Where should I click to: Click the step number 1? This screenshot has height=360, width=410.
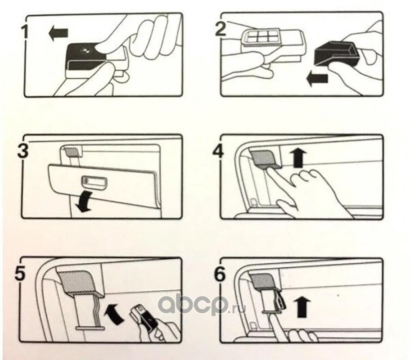[x=25, y=33]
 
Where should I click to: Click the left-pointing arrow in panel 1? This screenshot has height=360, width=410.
[x=59, y=33]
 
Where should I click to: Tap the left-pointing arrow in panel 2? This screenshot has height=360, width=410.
[x=317, y=79]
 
